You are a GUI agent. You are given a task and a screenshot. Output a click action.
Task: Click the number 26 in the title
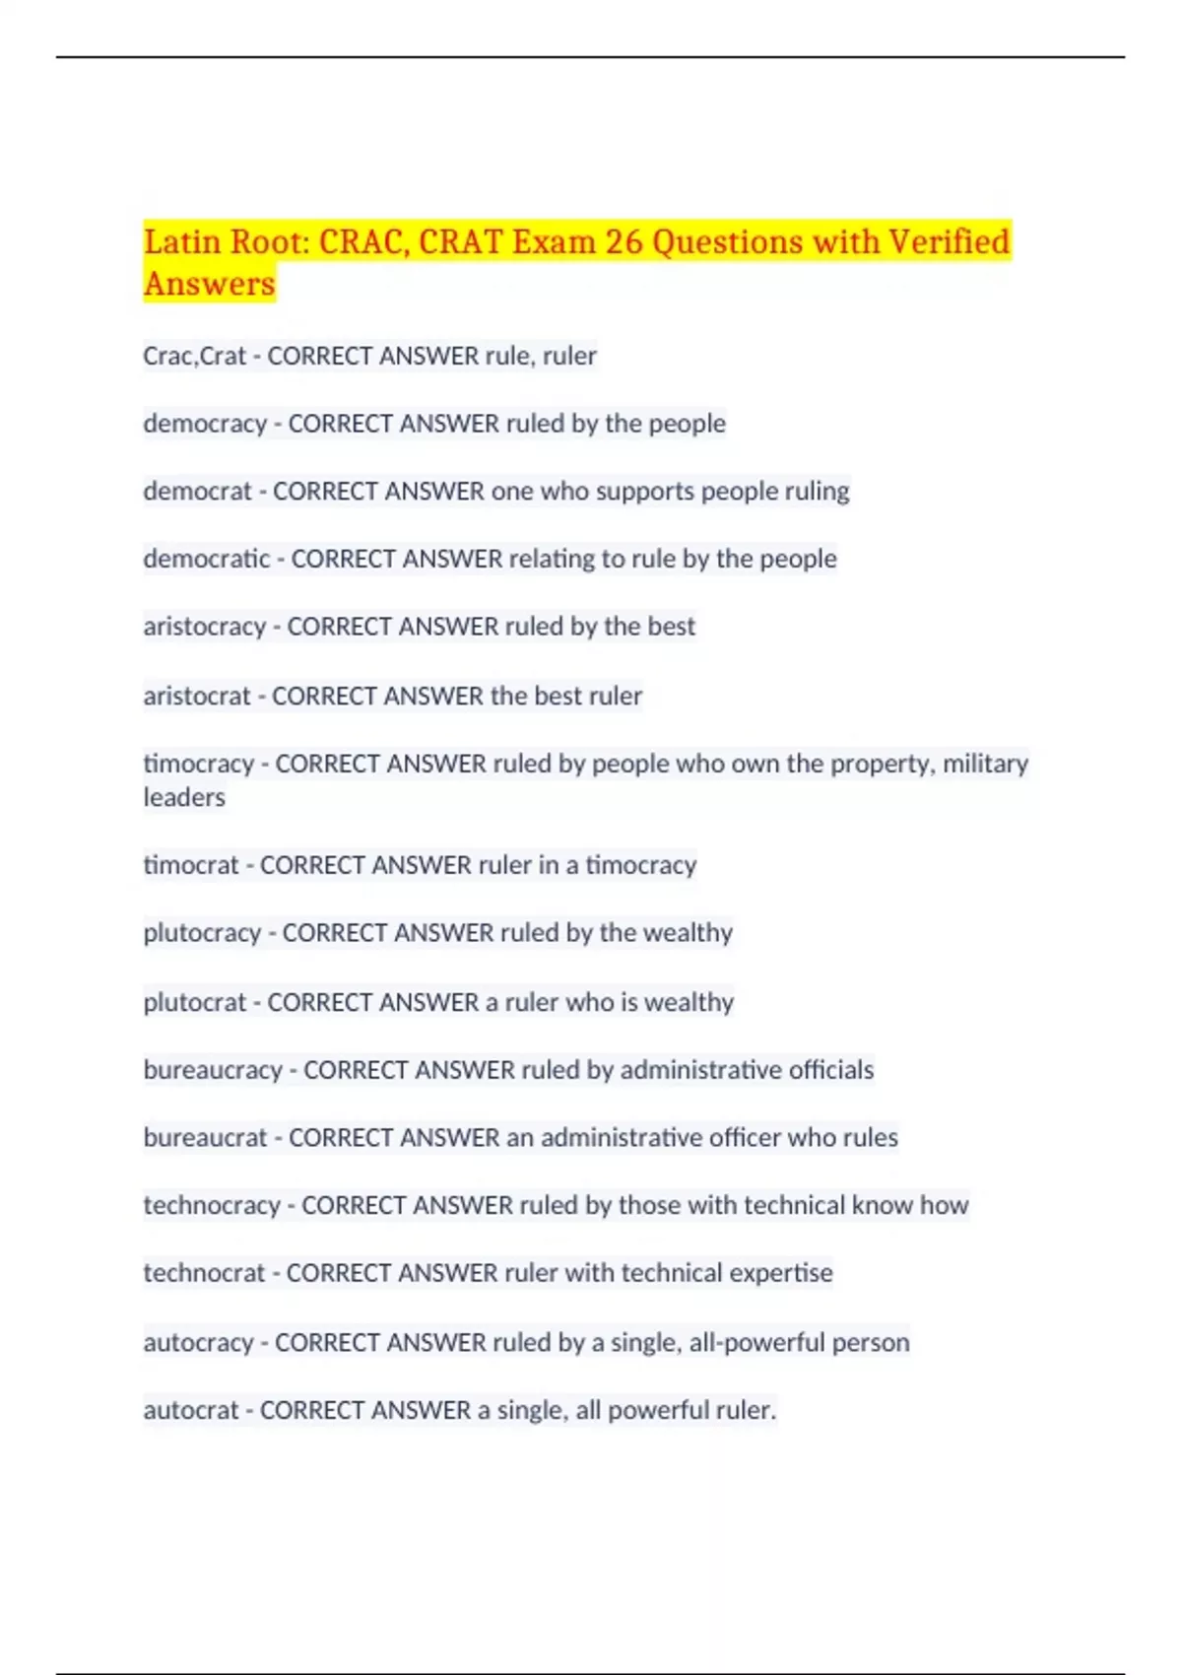[x=623, y=241]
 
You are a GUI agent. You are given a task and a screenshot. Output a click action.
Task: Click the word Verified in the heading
[x=949, y=241]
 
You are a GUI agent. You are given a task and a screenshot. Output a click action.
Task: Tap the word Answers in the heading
[x=209, y=284]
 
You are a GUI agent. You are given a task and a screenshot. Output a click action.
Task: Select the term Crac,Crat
[x=194, y=356]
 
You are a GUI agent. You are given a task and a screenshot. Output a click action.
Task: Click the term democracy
[x=205, y=424]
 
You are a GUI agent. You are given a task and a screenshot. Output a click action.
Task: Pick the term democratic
[x=206, y=559]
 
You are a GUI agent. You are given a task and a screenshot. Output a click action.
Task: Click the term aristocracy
[x=204, y=627]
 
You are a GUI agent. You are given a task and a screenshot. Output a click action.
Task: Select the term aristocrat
[x=197, y=696]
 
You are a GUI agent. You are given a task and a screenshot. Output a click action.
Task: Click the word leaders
[x=184, y=797]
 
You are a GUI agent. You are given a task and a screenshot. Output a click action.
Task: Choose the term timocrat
[x=191, y=865]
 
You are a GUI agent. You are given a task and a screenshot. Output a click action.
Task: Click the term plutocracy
[x=202, y=933]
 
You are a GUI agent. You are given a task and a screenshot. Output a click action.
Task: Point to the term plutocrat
[x=195, y=1002]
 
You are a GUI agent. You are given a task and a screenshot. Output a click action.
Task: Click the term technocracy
[x=212, y=1205]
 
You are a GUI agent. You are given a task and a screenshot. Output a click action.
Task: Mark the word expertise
[x=783, y=1273]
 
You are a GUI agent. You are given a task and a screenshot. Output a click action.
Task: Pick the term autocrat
[x=191, y=1410]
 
